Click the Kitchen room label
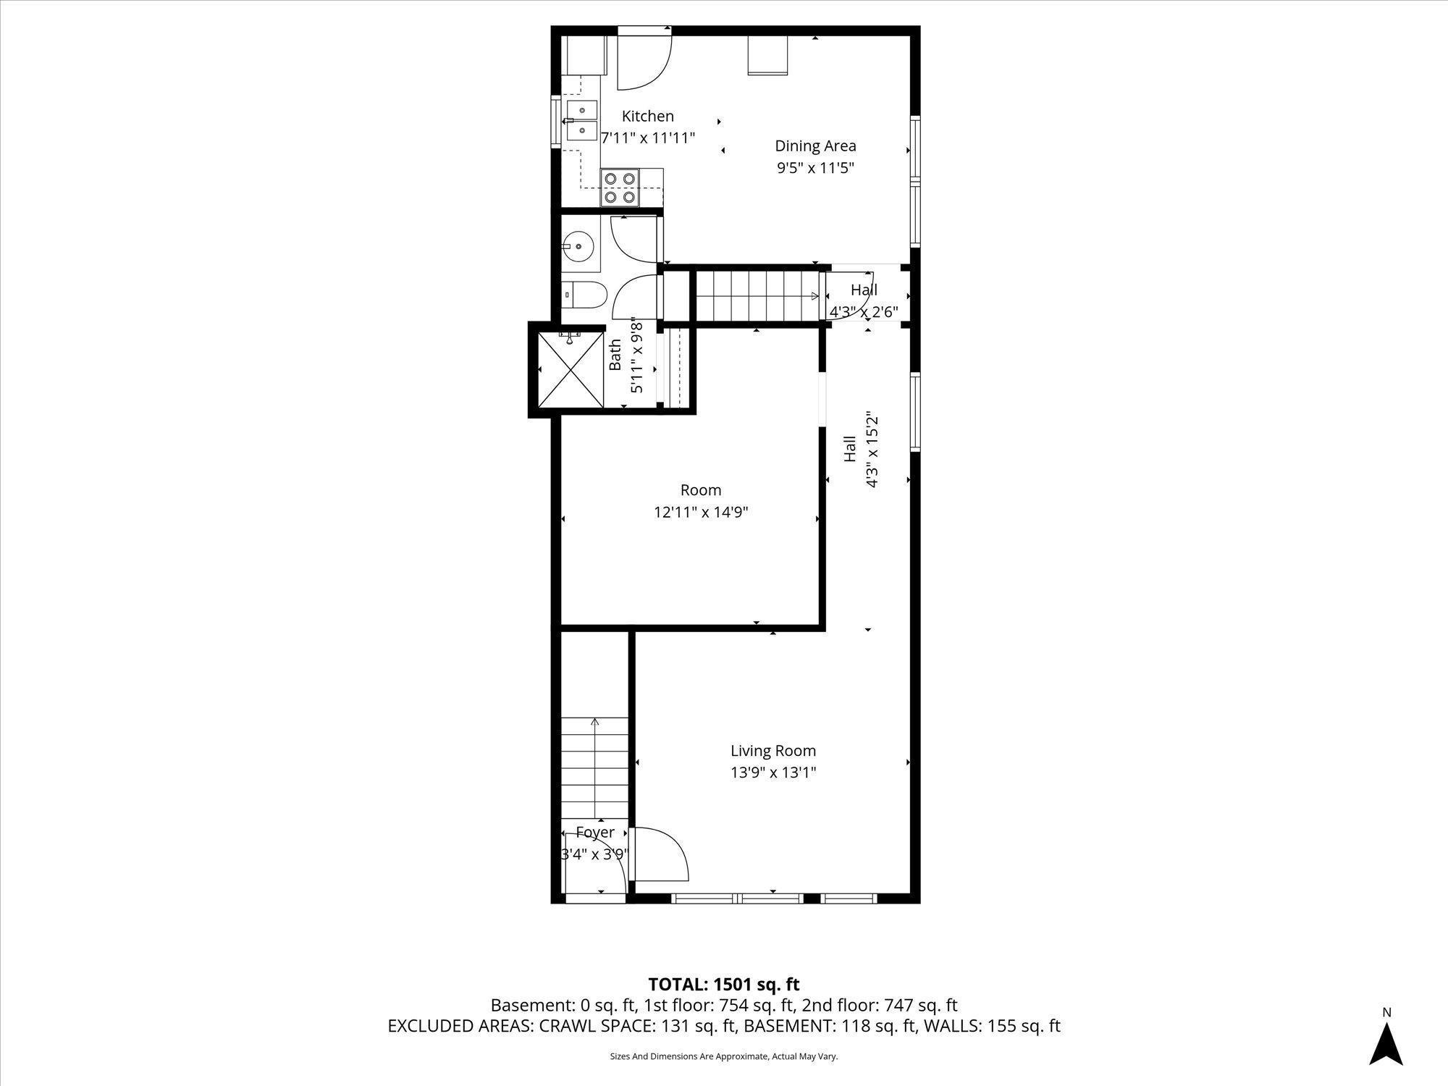coord(648,116)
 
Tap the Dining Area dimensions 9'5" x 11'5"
coord(815,168)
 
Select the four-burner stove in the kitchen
coord(620,186)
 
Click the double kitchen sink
coord(581,121)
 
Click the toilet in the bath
coord(584,295)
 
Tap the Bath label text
coord(615,354)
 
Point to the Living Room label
coord(773,751)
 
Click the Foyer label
coord(595,833)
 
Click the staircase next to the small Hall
coord(757,295)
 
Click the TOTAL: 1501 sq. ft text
coord(723,985)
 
